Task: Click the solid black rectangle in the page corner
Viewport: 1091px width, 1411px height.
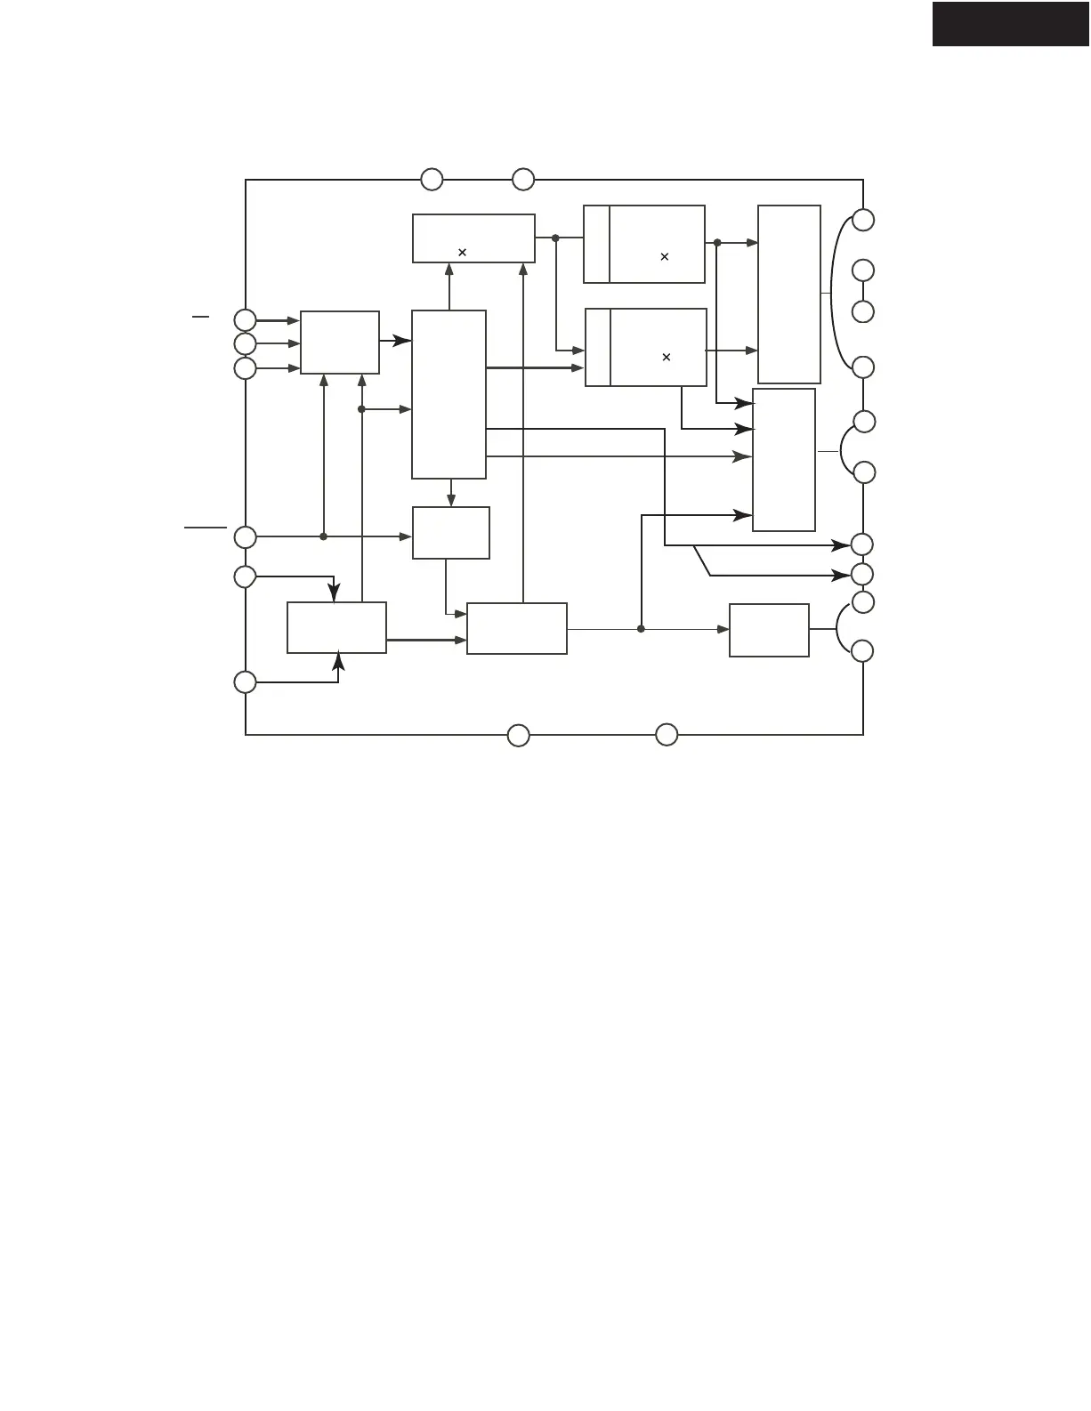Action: [x=1011, y=24]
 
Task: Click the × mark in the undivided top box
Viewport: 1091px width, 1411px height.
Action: [x=462, y=253]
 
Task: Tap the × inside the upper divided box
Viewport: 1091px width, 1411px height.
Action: [x=665, y=257]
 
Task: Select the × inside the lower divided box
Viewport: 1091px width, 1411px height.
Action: [x=666, y=357]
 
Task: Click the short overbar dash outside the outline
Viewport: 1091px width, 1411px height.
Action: [x=201, y=316]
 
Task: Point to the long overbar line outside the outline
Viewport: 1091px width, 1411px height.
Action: [x=206, y=528]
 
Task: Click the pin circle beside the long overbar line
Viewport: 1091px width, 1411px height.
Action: [x=245, y=536]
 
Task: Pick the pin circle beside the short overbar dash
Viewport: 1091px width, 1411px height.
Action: [x=245, y=319]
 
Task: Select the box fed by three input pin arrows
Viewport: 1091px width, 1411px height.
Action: [x=340, y=343]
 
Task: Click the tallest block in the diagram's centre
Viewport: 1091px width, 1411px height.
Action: [x=449, y=394]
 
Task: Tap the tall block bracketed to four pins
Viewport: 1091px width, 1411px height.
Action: [x=788, y=294]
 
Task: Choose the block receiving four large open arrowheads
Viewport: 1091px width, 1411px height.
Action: [x=784, y=459]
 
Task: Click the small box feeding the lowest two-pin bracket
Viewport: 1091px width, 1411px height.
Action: [x=769, y=630]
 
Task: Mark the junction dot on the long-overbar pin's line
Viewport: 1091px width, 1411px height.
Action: [x=323, y=536]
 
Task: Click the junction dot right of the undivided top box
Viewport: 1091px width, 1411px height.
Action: [x=555, y=238]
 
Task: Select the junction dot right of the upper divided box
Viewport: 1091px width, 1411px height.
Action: [x=716, y=242]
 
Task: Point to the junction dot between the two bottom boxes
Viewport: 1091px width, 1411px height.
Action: [x=641, y=629]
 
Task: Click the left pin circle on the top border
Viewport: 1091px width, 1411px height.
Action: [x=432, y=180]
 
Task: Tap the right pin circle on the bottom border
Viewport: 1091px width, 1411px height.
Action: [x=667, y=735]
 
